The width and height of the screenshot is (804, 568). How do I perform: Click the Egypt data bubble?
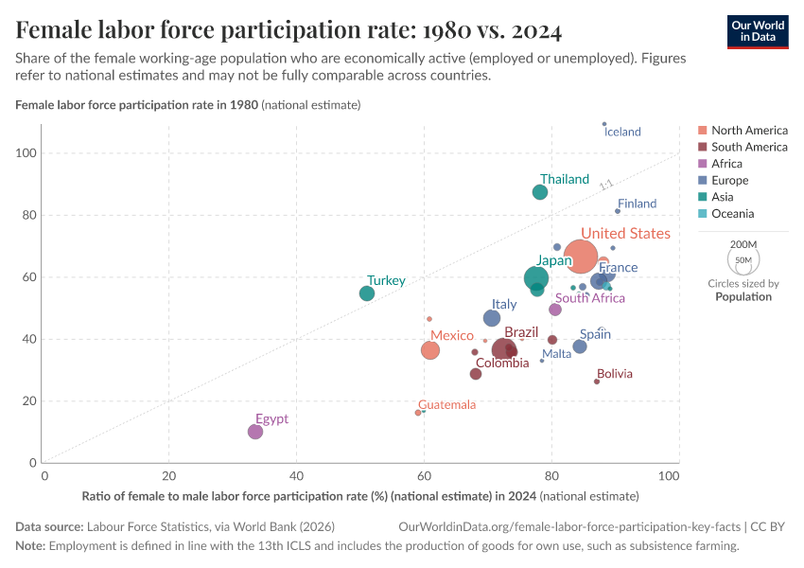pos(255,432)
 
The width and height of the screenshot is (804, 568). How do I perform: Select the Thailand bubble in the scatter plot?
pos(540,192)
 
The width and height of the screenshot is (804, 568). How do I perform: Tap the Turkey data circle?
pos(367,293)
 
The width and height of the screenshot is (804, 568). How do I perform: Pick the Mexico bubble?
pos(430,350)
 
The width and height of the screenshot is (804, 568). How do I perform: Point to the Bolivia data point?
pos(597,382)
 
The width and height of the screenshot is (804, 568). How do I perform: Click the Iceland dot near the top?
pos(604,124)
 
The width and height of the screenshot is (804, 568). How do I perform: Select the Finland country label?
pos(637,204)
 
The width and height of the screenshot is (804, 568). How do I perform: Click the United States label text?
pos(625,234)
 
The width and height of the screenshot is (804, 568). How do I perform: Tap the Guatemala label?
pos(447,405)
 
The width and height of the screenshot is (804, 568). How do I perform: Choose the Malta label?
pos(557,354)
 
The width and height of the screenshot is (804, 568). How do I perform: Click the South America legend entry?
pos(749,147)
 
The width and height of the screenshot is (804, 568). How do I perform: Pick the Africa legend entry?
pos(726,164)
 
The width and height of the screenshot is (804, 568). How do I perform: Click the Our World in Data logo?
pos(758,30)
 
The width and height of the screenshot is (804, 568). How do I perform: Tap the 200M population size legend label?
pos(743,244)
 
